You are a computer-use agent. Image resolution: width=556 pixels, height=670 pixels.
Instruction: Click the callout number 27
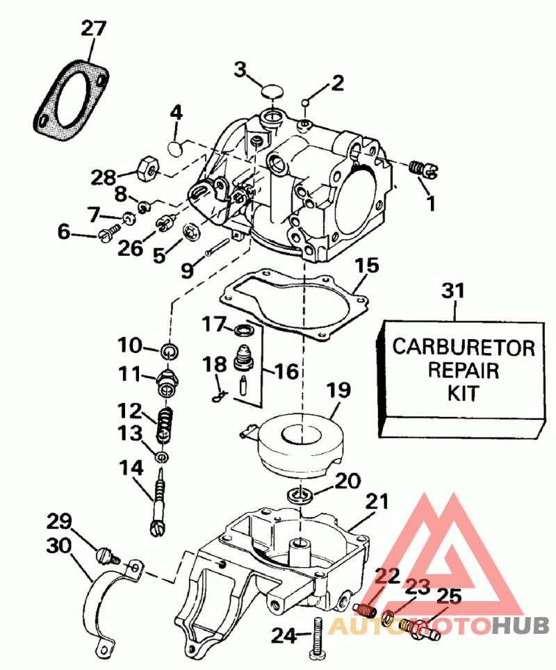(x=94, y=28)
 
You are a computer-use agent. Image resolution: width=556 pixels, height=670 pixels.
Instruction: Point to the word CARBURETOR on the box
(x=464, y=347)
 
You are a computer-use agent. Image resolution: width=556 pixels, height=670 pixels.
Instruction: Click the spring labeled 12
(x=164, y=423)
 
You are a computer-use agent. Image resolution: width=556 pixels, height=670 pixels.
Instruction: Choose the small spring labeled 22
(x=366, y=610)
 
